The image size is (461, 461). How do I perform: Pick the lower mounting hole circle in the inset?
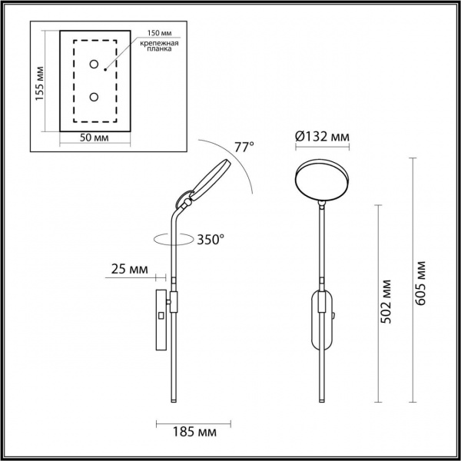coord(94,97)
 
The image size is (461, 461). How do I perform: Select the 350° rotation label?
coord(209,239)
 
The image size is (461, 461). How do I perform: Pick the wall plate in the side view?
coord(161,318)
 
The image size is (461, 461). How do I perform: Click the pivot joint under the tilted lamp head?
coord(186,203)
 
